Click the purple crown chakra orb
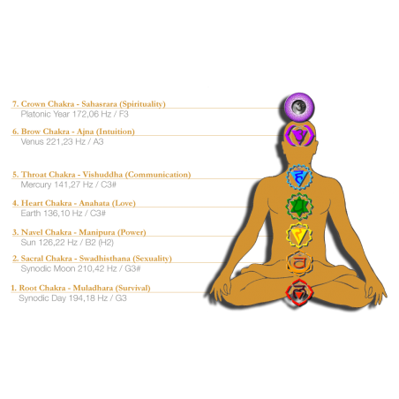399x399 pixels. point(299,107)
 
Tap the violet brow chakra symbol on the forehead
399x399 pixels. point(299,135)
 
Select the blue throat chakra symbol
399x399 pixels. point(299,177)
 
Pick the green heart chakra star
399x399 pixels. point(299,207)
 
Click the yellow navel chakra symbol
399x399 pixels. point(299,235)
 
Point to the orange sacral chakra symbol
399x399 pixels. point(298,263)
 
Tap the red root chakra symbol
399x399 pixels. point(298,292)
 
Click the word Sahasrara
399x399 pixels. point(99,104)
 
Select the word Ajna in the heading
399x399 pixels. point(85,132)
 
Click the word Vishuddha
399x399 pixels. point(102,175)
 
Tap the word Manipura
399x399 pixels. point(97,232)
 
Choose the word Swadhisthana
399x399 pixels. point(105,259)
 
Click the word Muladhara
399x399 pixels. point(93,288)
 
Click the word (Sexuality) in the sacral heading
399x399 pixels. point(152,259)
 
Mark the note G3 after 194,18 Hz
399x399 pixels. point(121,298)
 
